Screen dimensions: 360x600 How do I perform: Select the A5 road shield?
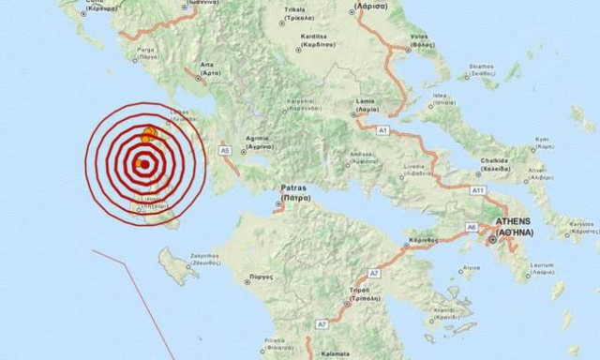224,149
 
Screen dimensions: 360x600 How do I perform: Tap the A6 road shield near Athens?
473,227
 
